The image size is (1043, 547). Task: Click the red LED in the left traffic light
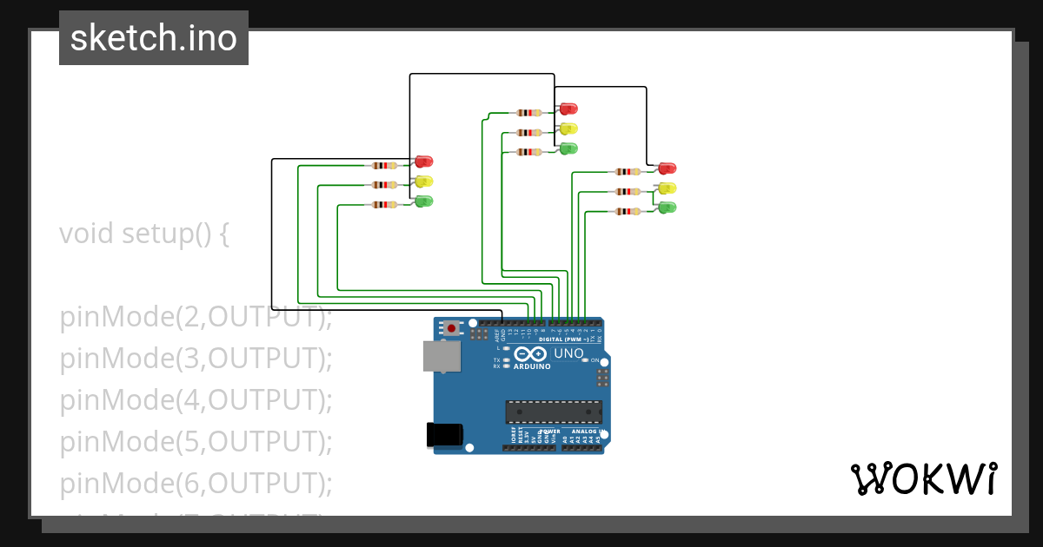point(423,161)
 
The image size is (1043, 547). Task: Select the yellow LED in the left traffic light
point(423,181)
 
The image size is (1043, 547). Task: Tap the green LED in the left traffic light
point(423,201)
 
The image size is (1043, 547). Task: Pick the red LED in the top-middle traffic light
point(568,109)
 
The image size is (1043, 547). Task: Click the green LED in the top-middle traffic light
point(568,148)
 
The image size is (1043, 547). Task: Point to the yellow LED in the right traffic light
point(667,188)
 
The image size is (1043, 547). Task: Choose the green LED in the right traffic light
point(667,208)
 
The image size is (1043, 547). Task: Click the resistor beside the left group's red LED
point(384,165)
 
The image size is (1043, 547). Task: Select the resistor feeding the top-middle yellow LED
point(528,132)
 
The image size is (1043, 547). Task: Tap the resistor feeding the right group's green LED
point(628,211)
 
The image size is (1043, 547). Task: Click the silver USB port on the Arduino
point(442,356)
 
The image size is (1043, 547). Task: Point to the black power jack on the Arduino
point(443,434)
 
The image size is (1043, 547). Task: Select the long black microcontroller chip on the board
point(554,412)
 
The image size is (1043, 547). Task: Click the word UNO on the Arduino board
point(568,354)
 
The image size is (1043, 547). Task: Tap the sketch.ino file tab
point(154,38)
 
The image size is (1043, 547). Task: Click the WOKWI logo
point(924,479)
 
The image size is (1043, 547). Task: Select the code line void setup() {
point(144,234)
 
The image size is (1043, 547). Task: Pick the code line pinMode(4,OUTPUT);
point(196,400)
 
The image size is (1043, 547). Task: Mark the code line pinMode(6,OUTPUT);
point(196,483)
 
